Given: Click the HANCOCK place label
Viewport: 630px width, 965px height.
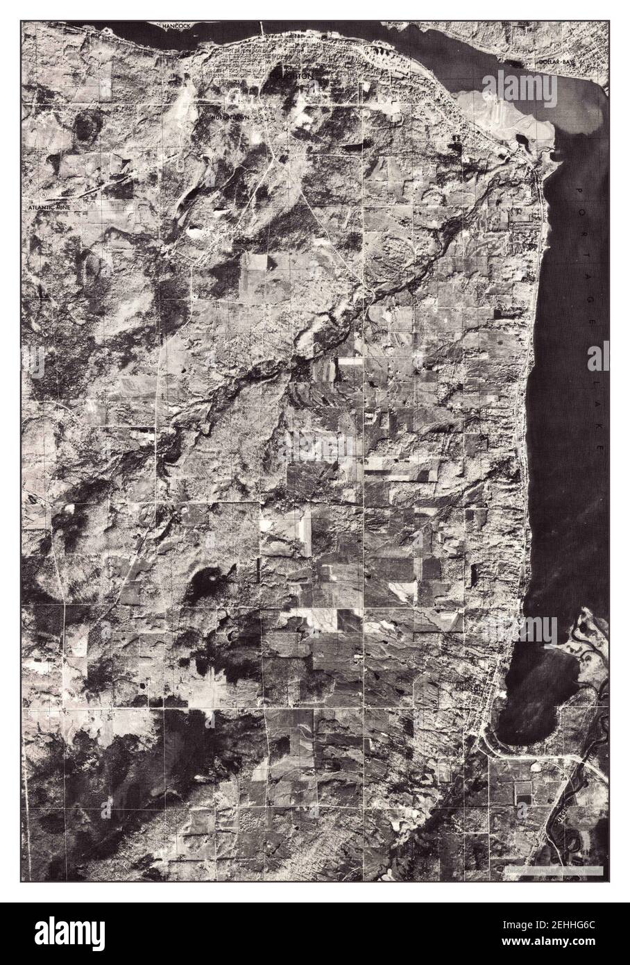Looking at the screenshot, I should tap(176, 26).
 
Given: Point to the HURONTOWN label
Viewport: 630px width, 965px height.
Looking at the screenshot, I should tap(230, 118).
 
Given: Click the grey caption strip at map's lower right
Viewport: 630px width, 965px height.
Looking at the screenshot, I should tap(554, 871).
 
